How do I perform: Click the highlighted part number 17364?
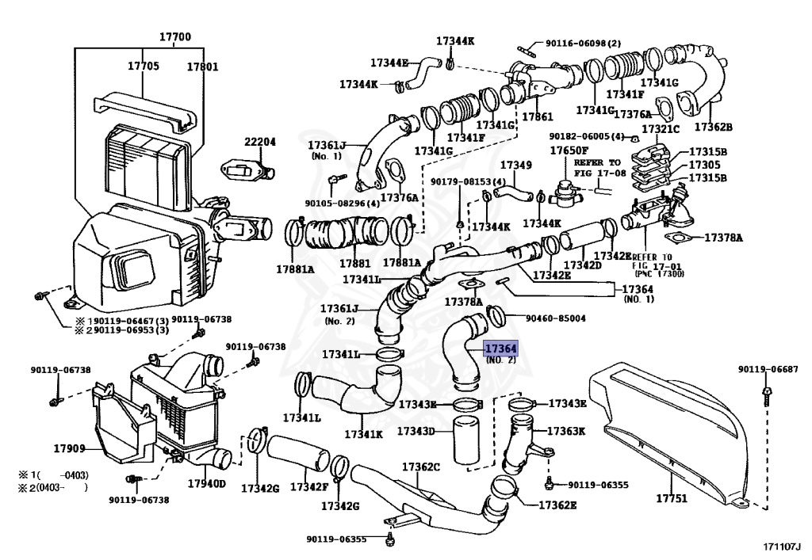point(501,349)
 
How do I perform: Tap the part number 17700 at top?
point(175,36)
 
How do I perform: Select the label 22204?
point(260,142)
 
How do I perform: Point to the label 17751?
point(672,498)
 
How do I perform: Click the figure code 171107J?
point(782,547)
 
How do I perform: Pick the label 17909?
point(70,448)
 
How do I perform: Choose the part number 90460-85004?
point(556,318)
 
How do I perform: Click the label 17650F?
point(569,150)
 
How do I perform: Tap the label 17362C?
point(421,467)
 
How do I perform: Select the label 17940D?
point(207,483)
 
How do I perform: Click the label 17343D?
point(416,430)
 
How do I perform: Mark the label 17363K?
point(566,431)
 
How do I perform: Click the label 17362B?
point(714,127)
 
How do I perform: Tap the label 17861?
point(538,116)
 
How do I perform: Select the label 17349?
point(515,165)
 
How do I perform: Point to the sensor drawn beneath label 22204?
point(248,170)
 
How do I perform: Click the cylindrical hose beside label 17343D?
point(466,440)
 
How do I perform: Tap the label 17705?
point(144,66)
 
